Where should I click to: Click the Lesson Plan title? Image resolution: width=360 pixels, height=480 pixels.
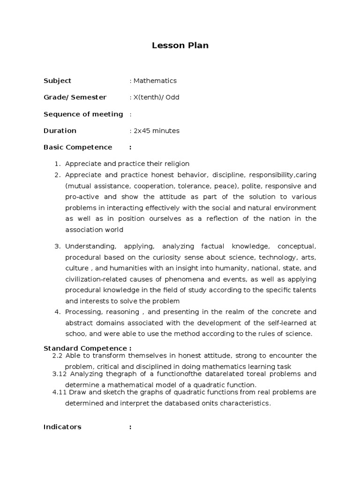click(180, 45)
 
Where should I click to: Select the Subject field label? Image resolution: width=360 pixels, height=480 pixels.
click(57, 81)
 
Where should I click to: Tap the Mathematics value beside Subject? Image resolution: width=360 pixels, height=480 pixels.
click(155, 81)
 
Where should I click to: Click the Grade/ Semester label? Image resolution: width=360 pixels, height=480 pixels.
click(75, 97)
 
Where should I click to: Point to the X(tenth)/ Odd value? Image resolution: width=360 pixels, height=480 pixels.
click(156, 97)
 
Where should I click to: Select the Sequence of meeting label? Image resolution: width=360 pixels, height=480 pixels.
click(83, 114)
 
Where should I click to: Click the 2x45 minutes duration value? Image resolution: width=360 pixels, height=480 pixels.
click(156, 131)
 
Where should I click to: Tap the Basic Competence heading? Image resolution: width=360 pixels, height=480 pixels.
click(78, 147)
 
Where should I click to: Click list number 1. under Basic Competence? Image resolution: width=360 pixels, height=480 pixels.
click(58, 164)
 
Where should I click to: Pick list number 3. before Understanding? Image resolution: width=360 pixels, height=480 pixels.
click(58, 246)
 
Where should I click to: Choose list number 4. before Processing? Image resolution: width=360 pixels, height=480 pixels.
click(58, 312)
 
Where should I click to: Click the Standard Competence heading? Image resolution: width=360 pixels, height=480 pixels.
click(87, 348)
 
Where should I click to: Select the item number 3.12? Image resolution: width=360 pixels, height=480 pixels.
click(60, 374)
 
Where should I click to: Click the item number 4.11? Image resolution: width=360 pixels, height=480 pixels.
click(60, 392)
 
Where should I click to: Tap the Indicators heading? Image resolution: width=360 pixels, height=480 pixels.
click(62, 427)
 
